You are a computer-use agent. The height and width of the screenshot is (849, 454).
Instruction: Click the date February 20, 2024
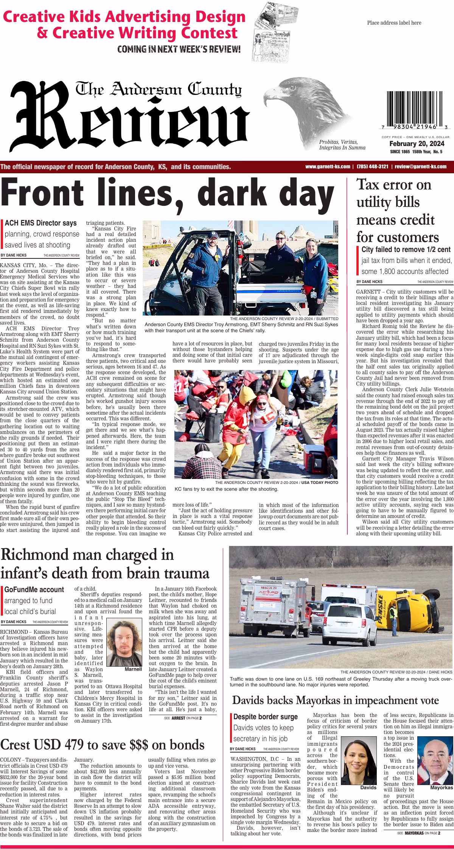pos(417,144)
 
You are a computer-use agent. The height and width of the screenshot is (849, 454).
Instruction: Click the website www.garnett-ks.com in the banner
pos(327,166)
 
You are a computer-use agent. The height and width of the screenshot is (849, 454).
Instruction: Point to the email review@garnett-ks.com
pos(420,166)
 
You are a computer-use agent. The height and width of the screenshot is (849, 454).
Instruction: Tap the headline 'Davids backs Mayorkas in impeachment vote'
pos(336,700)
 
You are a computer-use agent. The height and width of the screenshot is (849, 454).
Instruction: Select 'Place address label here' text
pos(394,23)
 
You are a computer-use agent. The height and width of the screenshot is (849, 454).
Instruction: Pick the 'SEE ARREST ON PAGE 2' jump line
pos(183,718)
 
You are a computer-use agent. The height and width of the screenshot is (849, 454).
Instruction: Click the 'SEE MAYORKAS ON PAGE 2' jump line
pos(418,833)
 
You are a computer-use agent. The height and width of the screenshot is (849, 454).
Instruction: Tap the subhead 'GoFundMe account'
pos(34,589)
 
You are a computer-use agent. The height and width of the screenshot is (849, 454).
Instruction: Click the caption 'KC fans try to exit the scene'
pos(226,489)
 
